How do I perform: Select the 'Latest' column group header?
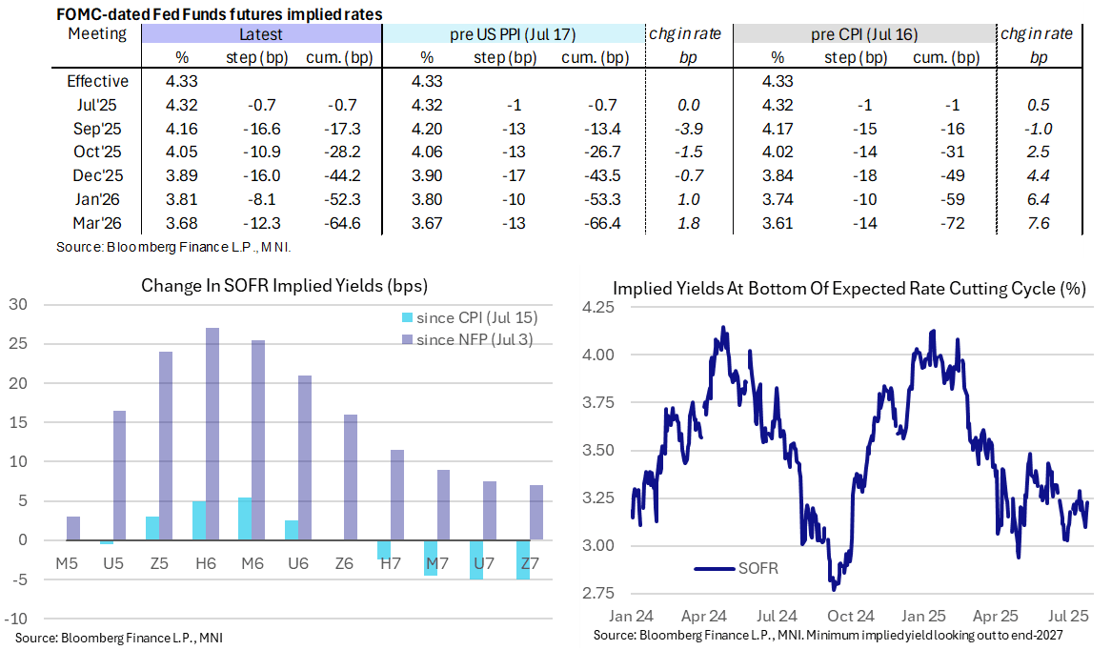click(261, 34)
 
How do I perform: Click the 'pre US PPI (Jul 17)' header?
click(513, 34)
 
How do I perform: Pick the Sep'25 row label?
click(99, 128)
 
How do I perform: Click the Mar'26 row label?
click(99, 224)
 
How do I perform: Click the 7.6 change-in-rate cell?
click(1039, 224)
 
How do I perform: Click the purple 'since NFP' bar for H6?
click(212, 434)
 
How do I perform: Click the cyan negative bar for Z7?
click(522, 559)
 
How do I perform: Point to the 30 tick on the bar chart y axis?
click(19, 305)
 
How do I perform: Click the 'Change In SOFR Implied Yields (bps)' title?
click(285, 285)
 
